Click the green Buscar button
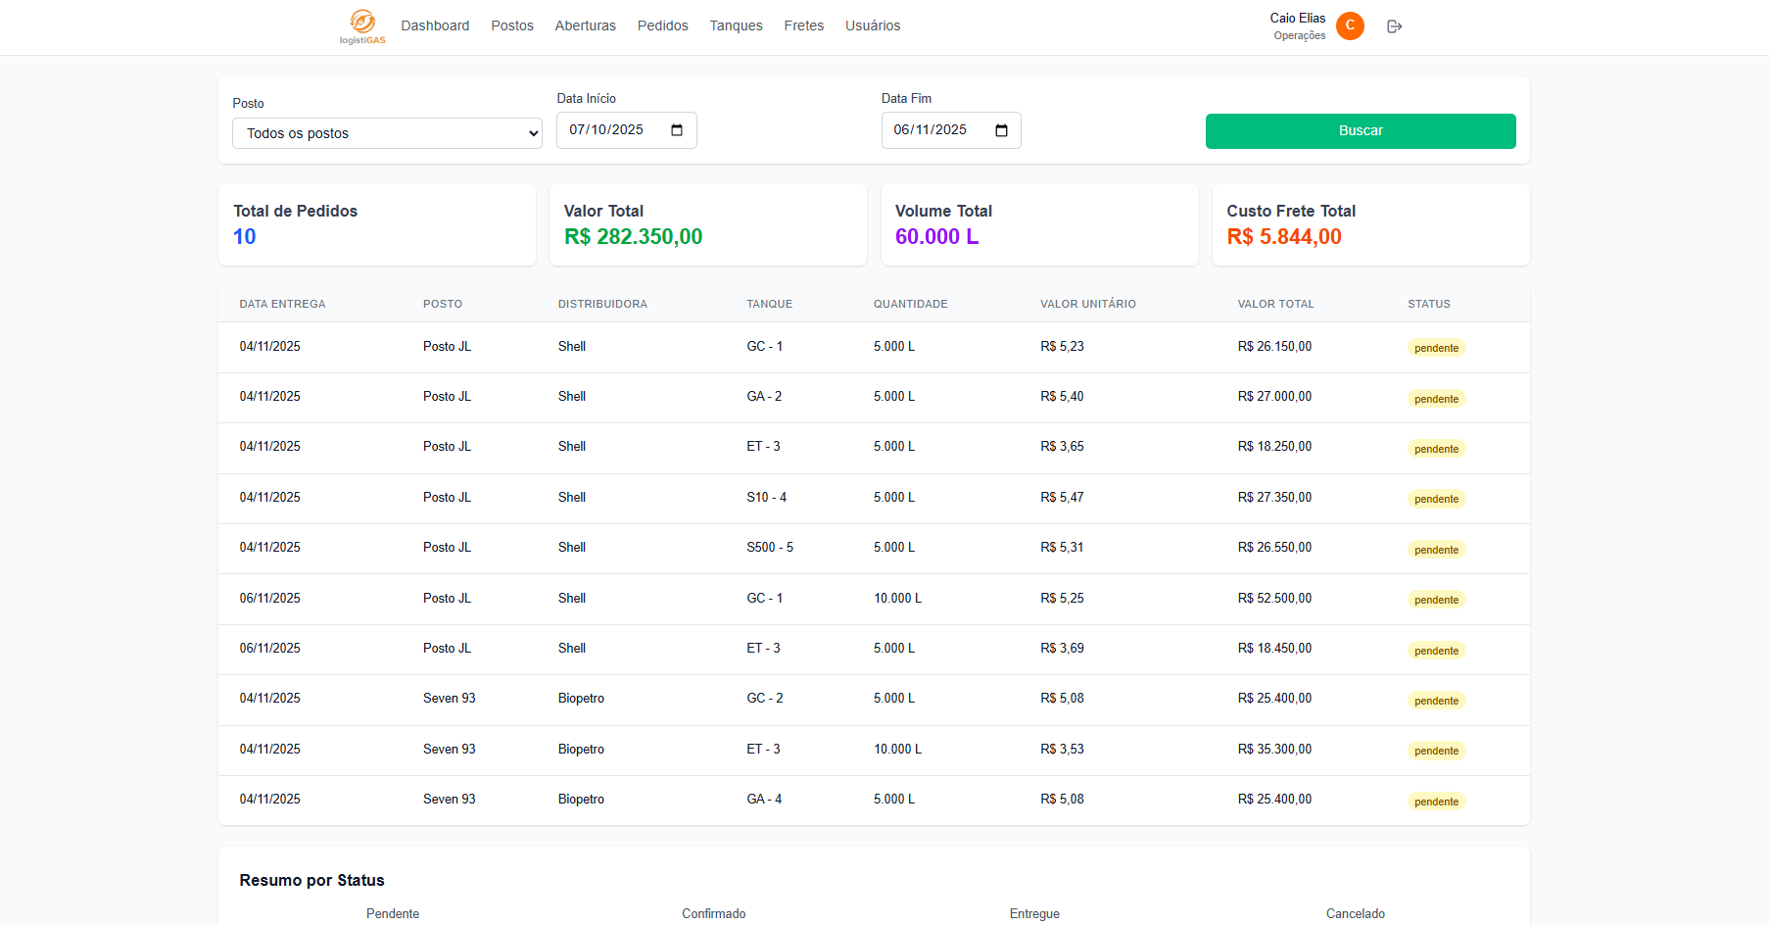(x=1361, y=131)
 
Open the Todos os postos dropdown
(x=387, y=133)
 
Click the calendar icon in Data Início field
(x=677, y=130)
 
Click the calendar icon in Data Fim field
(x=1001, y=130)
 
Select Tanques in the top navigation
(x=736, y=25)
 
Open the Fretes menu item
(x=803, y=25)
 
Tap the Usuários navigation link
(x=873, y=25)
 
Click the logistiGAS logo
(x=362, y=26)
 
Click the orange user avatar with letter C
(x=1350, y=25)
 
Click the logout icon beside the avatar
(x=1395, y=26)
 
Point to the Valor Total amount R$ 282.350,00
(x=633, y=237)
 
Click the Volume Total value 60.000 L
(x=936, y=237)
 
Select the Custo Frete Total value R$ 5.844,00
(x=1284, y=237)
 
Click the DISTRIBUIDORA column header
(x=602, y=304)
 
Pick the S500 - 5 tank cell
(x=770, y=548)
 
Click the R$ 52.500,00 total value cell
(x=1274, y=599)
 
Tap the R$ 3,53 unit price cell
(x=1062, y=750)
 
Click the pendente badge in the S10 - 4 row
(x=1436, y=499)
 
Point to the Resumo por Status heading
(x=311, y=880)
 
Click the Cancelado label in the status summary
(x=1355, y=913)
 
